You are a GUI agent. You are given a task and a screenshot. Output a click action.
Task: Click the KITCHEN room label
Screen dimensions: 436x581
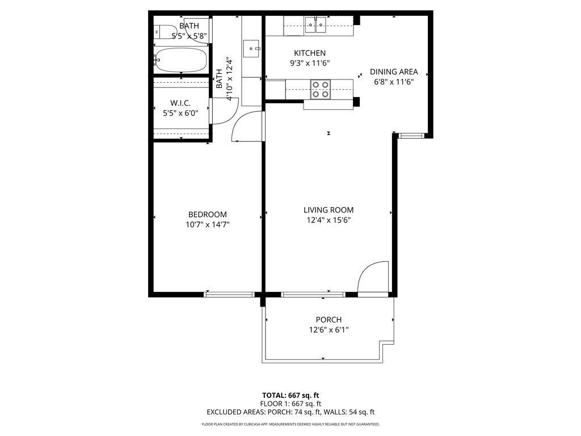click(309, 53)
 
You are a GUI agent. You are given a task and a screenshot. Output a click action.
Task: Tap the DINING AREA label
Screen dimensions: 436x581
click(394, 72)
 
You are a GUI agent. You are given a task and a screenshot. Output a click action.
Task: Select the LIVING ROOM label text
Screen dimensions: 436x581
click(329, 210)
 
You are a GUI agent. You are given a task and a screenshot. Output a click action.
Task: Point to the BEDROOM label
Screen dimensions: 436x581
click(208, 215)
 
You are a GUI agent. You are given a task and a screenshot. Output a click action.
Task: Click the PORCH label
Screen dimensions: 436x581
click(329, 320)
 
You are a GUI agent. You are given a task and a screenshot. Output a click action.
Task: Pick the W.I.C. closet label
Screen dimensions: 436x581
click(180, 103)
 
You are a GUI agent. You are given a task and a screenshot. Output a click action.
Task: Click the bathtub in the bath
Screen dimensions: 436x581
click(181, 59)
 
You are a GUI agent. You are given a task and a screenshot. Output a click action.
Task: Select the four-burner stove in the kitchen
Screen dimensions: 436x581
click(320, 90)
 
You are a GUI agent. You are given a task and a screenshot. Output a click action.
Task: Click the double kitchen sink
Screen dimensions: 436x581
click(315, 23)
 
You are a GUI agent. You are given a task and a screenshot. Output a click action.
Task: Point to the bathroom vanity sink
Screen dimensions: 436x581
click(251, 49)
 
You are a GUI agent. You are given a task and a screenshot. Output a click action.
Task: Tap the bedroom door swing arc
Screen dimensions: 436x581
click(249, 126)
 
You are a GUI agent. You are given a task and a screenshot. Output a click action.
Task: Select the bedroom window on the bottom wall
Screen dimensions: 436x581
click(229, 294)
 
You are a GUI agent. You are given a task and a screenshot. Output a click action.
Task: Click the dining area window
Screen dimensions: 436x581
click(411, 136)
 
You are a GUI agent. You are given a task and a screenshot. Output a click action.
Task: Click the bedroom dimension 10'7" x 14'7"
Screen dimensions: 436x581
click(208, 224)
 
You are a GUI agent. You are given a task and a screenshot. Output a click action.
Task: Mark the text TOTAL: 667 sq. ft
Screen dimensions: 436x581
click(290, 395)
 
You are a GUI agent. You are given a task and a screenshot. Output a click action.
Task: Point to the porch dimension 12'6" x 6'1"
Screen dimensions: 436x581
click(329, 330)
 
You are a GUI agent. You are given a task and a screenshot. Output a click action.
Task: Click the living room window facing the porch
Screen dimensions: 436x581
click(313, 294)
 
